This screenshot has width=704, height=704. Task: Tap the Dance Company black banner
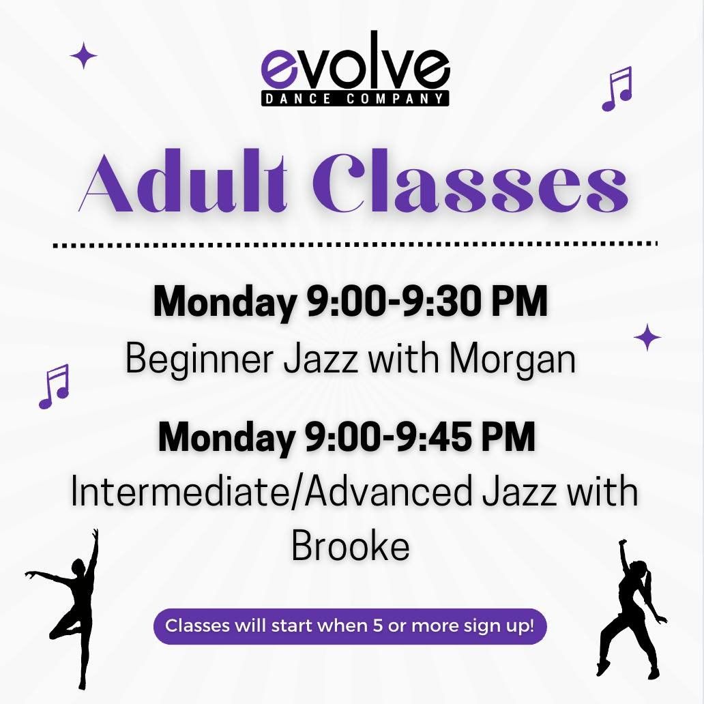coord(355,98)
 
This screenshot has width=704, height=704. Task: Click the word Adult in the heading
coord(184,183)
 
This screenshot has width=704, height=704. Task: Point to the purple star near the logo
coord(83,55)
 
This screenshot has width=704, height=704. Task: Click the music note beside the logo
coord(617,89)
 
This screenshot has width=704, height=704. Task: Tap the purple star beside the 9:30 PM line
coord(647,337)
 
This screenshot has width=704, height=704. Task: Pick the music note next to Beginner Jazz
coord(54,387)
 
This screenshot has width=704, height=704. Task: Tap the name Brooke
coord(351,546)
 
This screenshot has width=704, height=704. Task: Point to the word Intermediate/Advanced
coord(272,491)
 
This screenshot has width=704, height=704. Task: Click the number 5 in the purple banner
coord(378,626)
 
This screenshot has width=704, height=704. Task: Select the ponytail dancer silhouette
coord(632,608)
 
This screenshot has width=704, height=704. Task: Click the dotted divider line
coord(355,245)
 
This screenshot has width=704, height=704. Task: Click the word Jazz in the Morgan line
coord(321,360)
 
